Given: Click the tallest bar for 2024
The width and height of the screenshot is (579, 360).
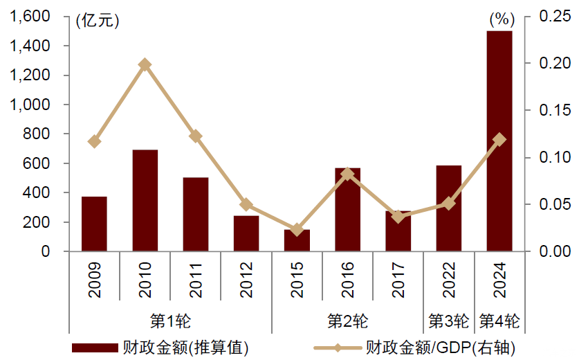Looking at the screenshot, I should [x=499, y=141].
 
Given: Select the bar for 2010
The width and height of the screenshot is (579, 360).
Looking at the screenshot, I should [x=145, y=201].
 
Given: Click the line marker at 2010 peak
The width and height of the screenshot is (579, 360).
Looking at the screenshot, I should [x=145, y=64].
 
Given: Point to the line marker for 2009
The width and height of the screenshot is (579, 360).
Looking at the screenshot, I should [x=95, y=141].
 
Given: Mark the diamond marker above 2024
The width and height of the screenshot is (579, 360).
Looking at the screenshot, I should [x=499, y=139].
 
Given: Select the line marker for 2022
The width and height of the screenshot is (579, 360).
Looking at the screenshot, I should [x=449, y=203].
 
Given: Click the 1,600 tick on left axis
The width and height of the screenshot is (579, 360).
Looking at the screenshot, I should [x=30, y=16].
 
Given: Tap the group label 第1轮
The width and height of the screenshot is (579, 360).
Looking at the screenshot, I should [x=169, y=321].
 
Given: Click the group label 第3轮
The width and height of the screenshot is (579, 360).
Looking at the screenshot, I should [x=449, y=321].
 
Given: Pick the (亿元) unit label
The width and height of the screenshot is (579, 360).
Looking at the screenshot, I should [x=98, y=20].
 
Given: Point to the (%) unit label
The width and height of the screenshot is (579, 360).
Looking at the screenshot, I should [x=499, y=20].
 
